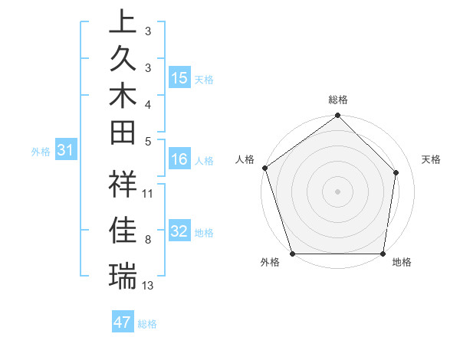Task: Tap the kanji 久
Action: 123,60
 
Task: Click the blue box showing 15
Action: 179,78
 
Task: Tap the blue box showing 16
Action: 179,160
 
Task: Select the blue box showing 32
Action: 179,232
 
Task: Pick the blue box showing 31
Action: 66,151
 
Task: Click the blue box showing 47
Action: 123,322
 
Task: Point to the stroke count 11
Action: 148,194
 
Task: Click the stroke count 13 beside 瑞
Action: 148,286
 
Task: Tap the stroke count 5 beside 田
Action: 147,141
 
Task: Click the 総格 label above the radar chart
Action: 338,100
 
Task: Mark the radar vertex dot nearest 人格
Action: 265,168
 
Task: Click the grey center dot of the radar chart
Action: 338,191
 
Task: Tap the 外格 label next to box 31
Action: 41,152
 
